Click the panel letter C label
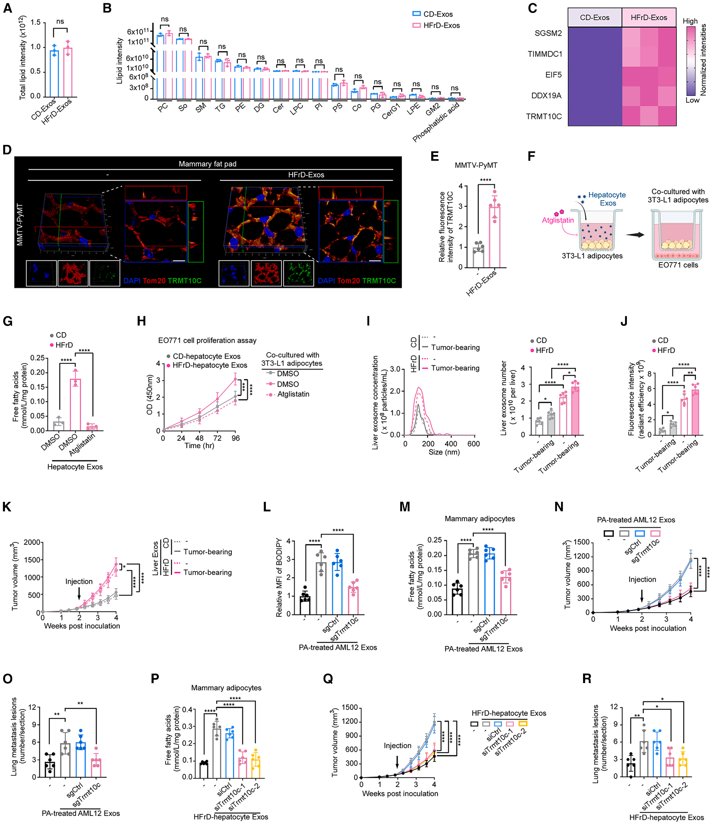click(x=532, y=8)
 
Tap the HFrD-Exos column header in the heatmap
click(x=649, y=17)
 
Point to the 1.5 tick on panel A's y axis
click(x=35, y=22)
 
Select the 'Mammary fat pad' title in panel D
click(x=207, y=164)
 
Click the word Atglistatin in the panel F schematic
click(x=558, y=220)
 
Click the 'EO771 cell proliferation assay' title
click(x=207, y=340)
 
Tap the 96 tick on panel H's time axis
click(x=235, y=438)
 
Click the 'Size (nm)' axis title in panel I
click(x=444, y=452)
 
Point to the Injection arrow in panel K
click(x=79, y=594)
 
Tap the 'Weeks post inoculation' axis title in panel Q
click(x=400, y=793)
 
